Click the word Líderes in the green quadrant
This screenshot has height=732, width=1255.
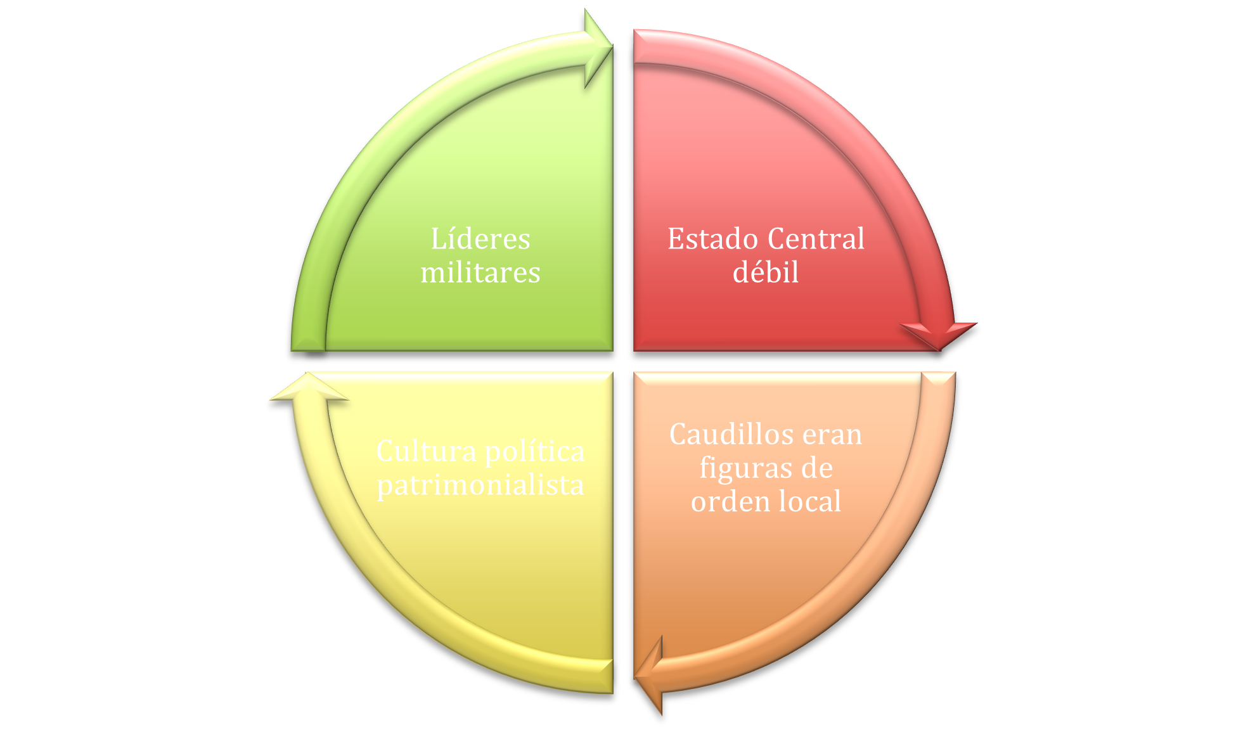click(480, 240)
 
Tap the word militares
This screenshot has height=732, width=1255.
click(480, 273)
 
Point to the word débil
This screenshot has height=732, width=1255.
click(766, 273)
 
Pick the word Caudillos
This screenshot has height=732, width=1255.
click(723, 435)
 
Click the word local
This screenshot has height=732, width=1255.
click(809, 501)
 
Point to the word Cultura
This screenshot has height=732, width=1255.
click(426, 452)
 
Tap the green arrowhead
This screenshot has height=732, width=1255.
click(598, 48)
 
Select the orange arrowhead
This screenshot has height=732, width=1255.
click(648, 676)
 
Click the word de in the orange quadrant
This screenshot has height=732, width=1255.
click(816, 468)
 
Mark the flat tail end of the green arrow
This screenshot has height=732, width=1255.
click(308, 349)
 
